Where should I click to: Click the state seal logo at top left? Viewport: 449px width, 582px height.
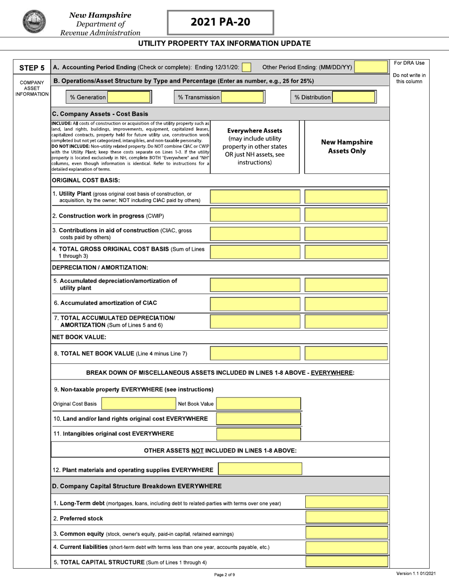pyautogui.click(x=34, y=22)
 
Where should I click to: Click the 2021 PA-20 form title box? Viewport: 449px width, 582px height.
pyautogui.click(x=220, y=22)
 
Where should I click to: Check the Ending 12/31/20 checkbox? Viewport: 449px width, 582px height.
pyautogui.click(x=246, y=67)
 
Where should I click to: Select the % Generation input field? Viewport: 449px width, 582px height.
pyautogui.click(x=129, y=97)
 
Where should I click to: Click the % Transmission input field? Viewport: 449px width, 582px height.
pyautogui.click(x=242, y=97)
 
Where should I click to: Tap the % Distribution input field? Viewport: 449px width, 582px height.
pyautogui.click(x=354, y=97)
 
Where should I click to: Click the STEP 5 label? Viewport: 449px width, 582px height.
pyautogui.click(x=32, y=68)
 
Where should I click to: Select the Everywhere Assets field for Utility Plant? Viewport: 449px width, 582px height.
pyautogui.click(x=255, y=197)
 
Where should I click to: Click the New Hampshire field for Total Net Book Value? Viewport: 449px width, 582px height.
pyautogui.click(x=346, y=353)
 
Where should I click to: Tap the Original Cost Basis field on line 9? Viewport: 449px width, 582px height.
pyautogui.click(x=138, y=404)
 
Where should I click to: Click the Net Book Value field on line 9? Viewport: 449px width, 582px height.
pyautogui.click(x=258, y=404)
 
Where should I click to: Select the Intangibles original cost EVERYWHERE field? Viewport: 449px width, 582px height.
pyautogui.click(x=258, y=434)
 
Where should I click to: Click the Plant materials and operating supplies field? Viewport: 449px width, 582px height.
pyautogui.click(x=260, y=469)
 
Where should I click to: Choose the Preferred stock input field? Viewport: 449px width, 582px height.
pyautogui.click(x=346, y=518)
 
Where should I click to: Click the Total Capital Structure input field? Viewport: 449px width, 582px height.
pyautogui.click(x=346, y=562)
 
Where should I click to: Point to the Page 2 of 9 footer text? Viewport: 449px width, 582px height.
pyautogui.click(x=224, y=574)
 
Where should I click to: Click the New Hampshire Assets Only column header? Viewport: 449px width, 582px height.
pyautogui.click(x=346, y=147)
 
